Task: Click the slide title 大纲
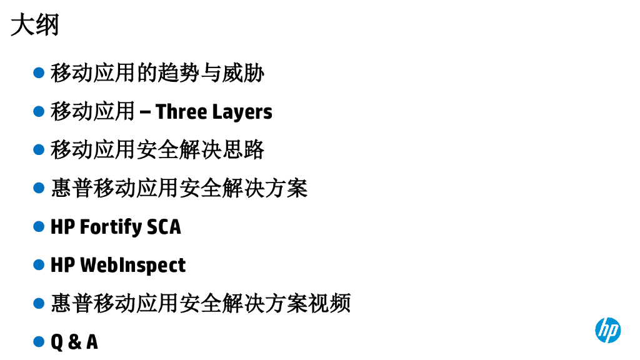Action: (x=35, y=26)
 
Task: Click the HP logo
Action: (x=607, y=329)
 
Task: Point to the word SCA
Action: (x=164, y=227)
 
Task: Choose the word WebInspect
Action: (x=132, y=265)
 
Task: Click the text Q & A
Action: (x=74, y=342)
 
